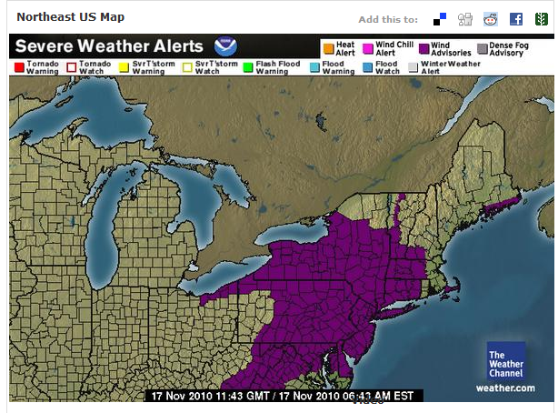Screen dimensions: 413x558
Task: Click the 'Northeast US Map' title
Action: click(x=71, y=17)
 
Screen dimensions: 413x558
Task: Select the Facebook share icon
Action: click(x=515, y=19)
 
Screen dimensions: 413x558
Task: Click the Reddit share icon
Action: click(x=491, y=19)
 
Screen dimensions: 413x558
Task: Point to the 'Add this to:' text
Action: click(x=388, y=19)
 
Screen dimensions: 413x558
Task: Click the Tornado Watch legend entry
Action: click(x=90, y=67)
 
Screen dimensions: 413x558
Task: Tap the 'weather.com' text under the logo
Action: click(x=505, y=388)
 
